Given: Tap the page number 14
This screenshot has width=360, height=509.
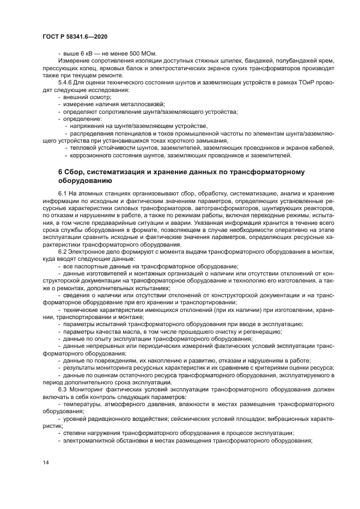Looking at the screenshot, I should coord(46,462).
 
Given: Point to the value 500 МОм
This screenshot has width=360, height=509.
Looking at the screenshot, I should coord(143,53).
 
